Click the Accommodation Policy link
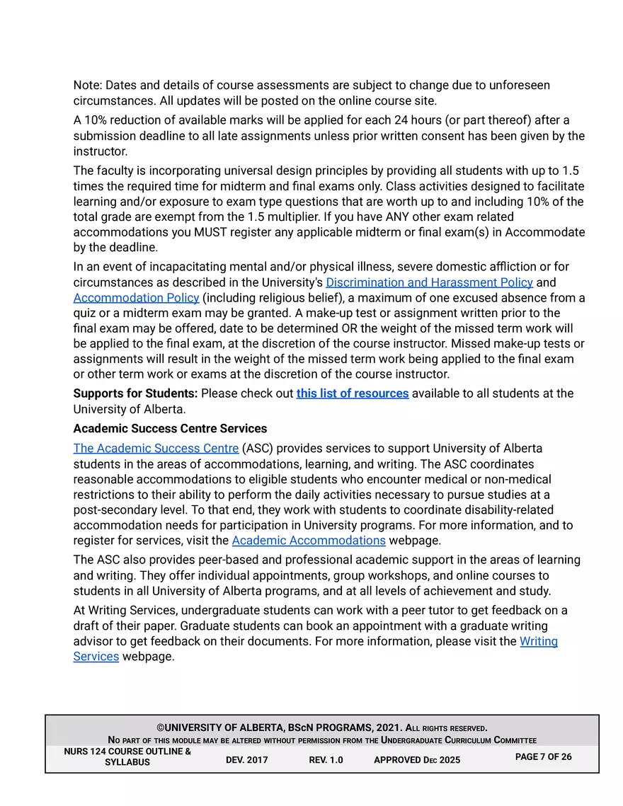(x=136, y=298)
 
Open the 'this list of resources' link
(x=352, y=393)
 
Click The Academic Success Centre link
(x=156, y=449)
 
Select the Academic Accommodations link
(x=308, y=541)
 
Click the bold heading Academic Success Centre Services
(x=170, y=428)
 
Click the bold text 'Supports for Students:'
(x=135, y=393)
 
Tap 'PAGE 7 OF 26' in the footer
(x=543, y=756)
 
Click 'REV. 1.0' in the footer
(x=326, y=760)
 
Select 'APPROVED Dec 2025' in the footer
(x=416, y=760)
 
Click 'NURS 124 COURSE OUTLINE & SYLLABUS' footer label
(x=127, y=756)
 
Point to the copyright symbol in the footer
(x=161, y=728)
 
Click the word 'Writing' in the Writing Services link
(x=538, y=642)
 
